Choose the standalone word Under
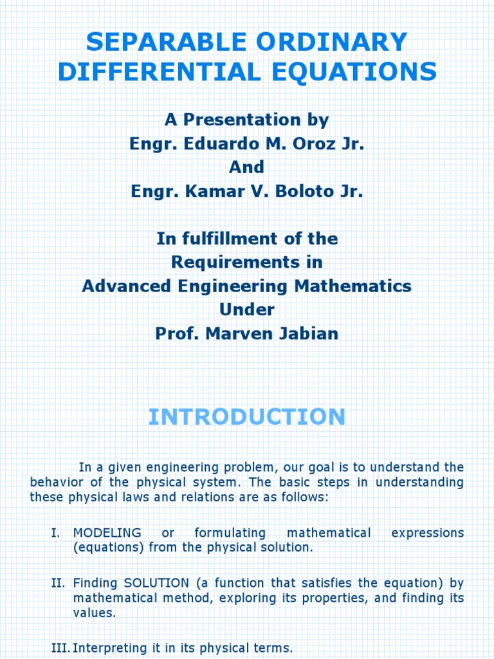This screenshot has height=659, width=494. point(247,310)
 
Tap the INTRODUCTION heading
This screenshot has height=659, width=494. point(247,416)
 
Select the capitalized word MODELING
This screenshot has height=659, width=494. point(107,533)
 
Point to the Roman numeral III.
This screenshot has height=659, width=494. point(60,648)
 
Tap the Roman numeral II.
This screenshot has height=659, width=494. point(58,583)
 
